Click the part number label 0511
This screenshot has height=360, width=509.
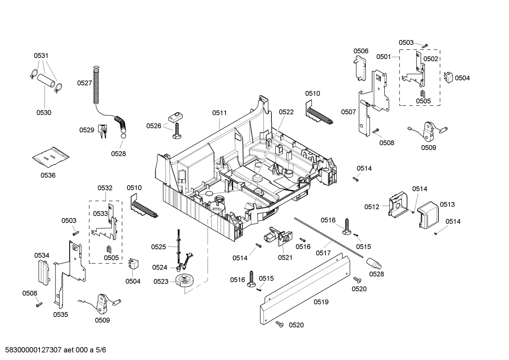pos(219,113)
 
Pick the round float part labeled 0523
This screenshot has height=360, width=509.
pos(186,281)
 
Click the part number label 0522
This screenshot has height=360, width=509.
pos(286,112)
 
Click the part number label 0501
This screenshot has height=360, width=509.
pos(383,57)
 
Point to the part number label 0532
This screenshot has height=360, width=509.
pos(105,188)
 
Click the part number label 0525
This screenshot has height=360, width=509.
pos(158,247)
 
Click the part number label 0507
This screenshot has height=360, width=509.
pos(348,112)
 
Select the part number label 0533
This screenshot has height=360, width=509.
pos(100,214)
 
